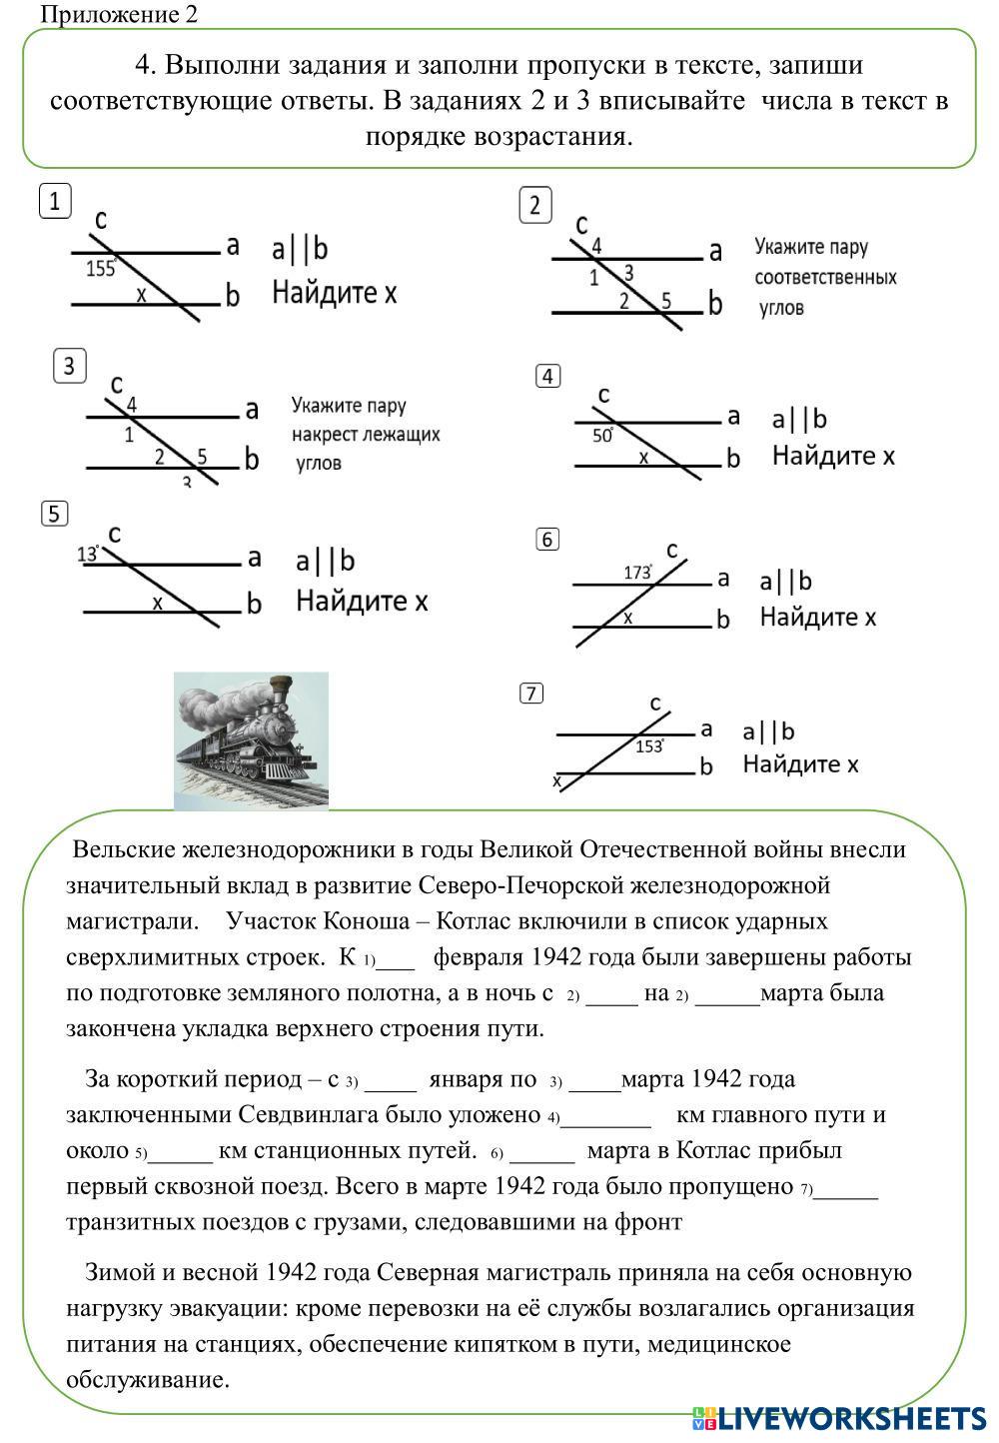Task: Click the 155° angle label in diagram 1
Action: (x=101, y=268)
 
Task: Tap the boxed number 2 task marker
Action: (x=535, y=205)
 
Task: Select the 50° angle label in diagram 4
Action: (x=603, y=436)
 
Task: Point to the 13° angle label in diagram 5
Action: (x=88, y=554)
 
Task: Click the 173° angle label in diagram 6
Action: (x=638, y=572)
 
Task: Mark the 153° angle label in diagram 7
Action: (x=649, y=745)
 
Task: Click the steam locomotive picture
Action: (x=251, y=739)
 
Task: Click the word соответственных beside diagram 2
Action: (x=825, y=277)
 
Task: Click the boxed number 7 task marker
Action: (x=531, y=694)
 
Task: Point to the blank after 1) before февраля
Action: (x=397, y=959)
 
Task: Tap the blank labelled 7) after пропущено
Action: (x=846, y=1188)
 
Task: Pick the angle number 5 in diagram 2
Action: (x=666, y=300)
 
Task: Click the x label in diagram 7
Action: (x=557, y=779)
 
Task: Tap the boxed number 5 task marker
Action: (x=55, y=514)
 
